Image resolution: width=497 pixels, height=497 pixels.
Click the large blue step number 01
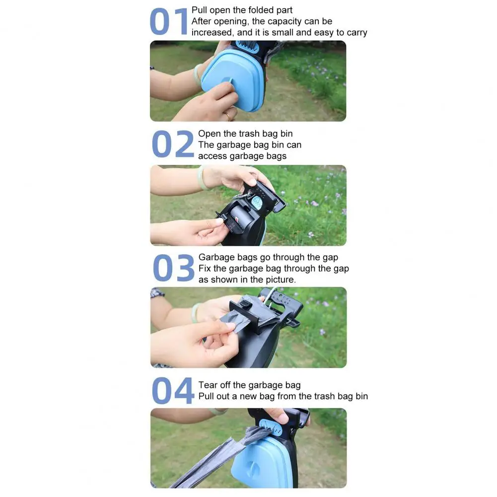pos(169,22)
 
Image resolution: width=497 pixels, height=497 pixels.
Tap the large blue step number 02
pos(173,144)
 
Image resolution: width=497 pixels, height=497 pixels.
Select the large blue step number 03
pos(173,268)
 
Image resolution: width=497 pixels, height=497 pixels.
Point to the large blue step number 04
pos(173,390)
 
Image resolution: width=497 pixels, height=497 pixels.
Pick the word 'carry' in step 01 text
pos(357,33)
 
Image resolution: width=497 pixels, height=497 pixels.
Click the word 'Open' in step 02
pos(208,134)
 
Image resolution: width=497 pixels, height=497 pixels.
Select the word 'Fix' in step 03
pos(205,269)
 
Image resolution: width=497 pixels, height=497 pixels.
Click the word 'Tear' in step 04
pos(208,385)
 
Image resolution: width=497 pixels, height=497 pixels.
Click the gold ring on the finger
pos(228,116)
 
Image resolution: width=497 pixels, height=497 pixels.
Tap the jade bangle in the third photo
pos(196,312)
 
